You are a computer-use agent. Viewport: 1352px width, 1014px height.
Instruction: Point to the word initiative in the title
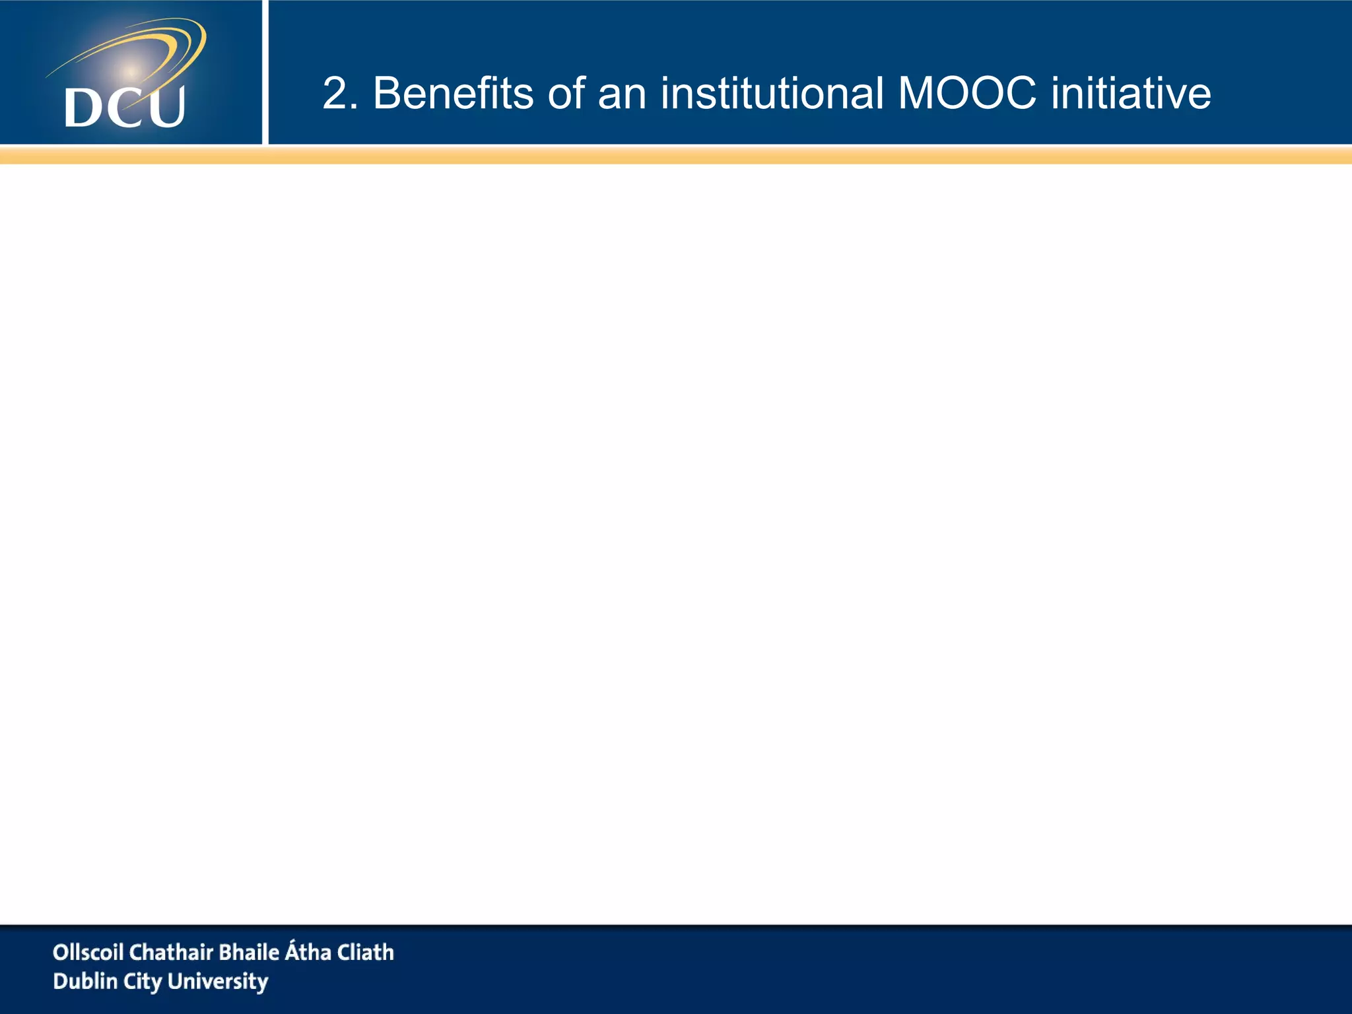pyautogui.click(x=1131, y=94)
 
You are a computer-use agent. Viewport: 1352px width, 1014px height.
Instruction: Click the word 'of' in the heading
pyautogui.click(x=566, y=94)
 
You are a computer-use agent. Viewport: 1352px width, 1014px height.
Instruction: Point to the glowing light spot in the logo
pyautogui.click(x=131, y=71)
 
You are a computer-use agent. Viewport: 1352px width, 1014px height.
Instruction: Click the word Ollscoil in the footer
pyautogui.click(x=87, y=952)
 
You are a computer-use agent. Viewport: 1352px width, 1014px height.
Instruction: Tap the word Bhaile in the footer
pyautogui.click(x=249, y=952)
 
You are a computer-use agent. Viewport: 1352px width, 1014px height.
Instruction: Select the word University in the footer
pyautogui.click(x=218, y=982)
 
